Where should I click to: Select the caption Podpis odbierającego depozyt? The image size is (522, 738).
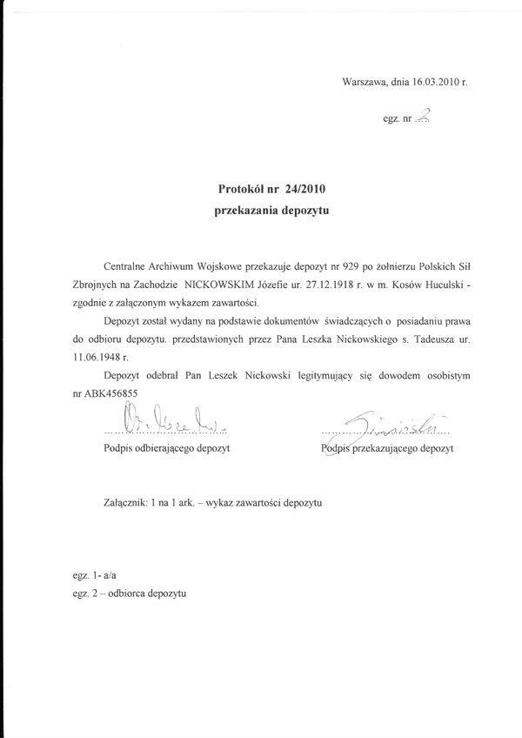[x=164, y=449]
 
